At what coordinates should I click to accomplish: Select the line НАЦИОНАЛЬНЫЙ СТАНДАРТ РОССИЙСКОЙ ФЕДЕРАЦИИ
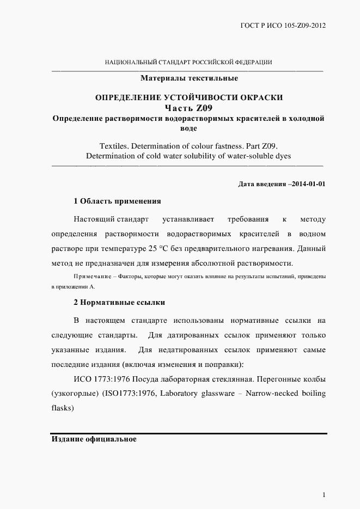tap(188, 63)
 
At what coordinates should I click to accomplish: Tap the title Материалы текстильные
tap(189, 78)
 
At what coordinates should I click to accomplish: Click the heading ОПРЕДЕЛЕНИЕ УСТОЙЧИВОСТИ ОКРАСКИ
tap(189, 97)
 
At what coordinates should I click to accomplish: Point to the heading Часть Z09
tap(189, 108)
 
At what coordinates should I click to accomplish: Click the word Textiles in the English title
tap(113, 146)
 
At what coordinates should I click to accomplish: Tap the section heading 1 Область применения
tap(117, 201)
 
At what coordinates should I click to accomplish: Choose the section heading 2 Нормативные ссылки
tap(119, 302)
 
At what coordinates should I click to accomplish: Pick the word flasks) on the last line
tap(62, 407)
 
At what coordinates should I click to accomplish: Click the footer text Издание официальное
tap(93, 439)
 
